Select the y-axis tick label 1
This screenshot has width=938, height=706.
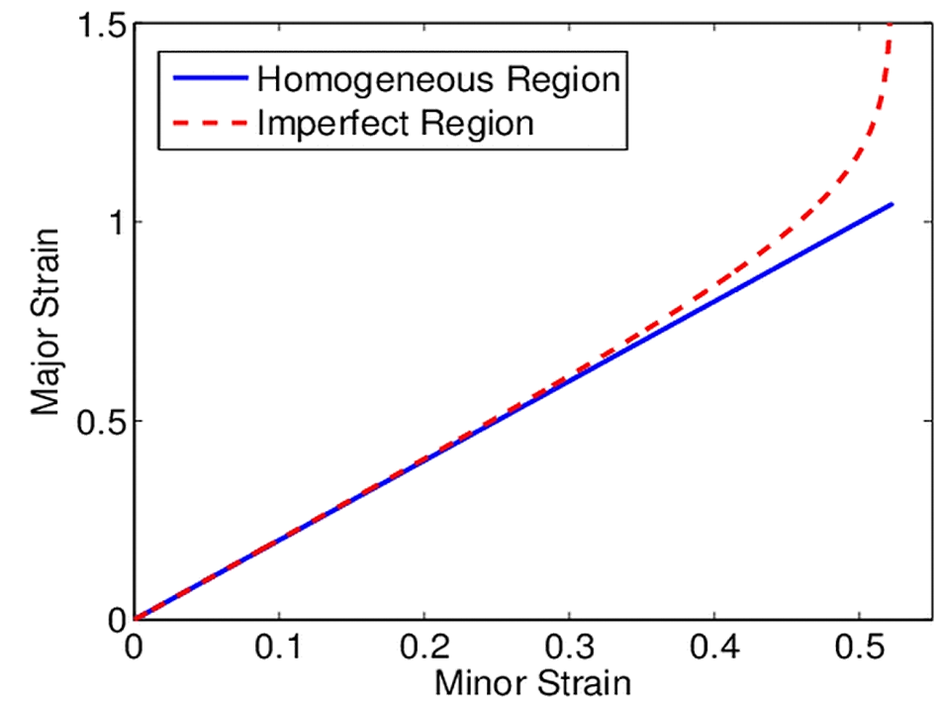[117, 222]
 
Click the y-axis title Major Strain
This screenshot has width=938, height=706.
[47, 321]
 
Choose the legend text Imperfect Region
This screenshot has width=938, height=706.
[395, 123]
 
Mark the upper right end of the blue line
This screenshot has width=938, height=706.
[892, 204]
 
